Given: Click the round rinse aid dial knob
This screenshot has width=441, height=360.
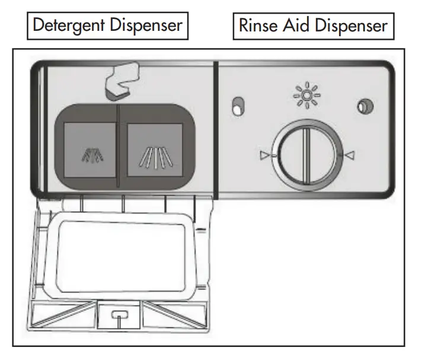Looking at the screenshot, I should point(304,155).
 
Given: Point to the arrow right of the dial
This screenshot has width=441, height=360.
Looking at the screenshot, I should point(350,155).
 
